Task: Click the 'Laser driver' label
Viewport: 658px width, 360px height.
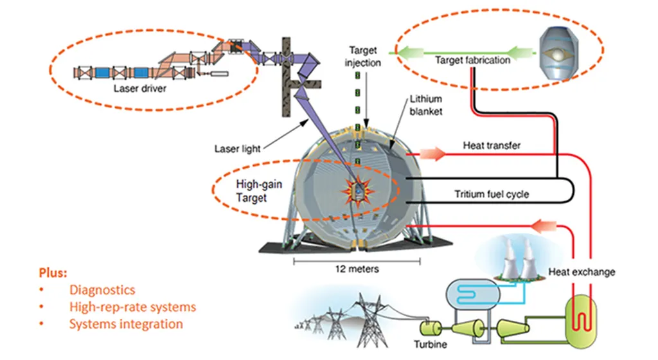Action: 139,89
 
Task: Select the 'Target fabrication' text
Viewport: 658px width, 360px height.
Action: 472,60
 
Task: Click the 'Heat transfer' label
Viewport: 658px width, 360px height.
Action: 492,146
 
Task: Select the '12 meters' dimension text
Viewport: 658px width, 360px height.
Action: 357,269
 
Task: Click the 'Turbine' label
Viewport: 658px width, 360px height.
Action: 431,345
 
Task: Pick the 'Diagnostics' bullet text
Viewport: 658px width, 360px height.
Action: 102,291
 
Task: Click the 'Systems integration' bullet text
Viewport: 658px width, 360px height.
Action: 126,324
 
